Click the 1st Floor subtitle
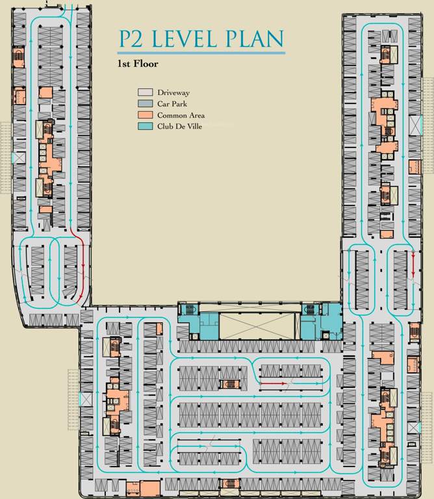138,64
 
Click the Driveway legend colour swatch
145,93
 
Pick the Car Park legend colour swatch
145,104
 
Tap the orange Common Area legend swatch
145,115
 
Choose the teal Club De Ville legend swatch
145,126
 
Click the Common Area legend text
181,115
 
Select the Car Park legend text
172,104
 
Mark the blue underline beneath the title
201,53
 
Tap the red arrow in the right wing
414,264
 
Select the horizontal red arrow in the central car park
274,384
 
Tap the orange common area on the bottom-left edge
150,488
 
